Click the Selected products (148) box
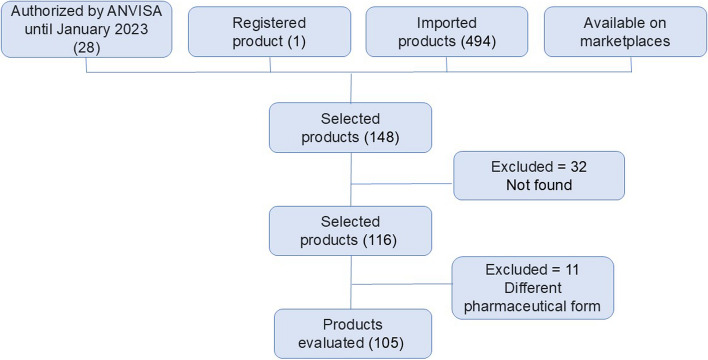coord(350,127)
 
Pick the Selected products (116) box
coord(350,231)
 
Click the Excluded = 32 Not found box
coord(537,175)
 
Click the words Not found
coord(537,184)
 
